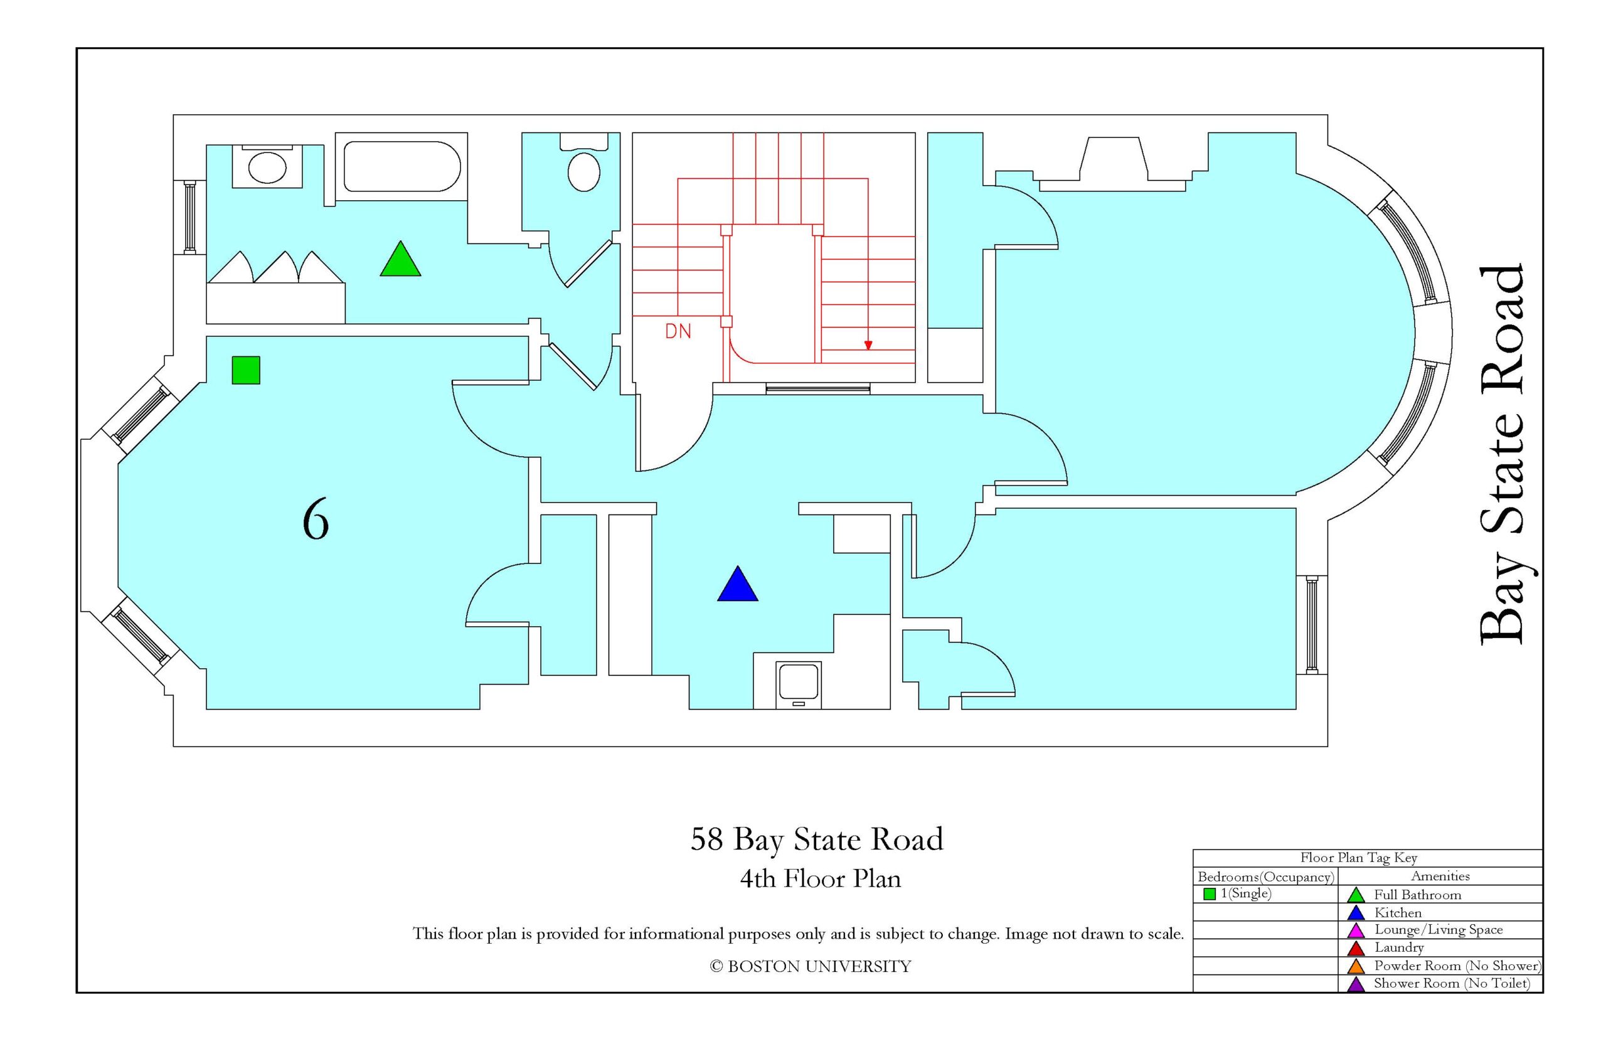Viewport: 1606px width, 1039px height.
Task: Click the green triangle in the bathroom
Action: point(400,260)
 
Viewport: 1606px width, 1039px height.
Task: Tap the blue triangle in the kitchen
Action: point(737,585)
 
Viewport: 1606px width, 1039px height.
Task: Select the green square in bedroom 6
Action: point(245,370)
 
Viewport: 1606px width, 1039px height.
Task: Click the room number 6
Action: point(316,518)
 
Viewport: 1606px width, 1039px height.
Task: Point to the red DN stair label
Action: point(678,331)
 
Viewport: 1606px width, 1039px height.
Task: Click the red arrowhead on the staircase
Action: point(868,344)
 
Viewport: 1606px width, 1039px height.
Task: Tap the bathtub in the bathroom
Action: point(402,167)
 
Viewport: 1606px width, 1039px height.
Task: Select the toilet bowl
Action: point(583,171)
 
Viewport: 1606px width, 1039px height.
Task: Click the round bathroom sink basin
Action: point(267,167)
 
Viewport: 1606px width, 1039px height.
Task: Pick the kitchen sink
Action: point(799,684)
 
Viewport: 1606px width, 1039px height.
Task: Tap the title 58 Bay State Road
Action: point(817,839)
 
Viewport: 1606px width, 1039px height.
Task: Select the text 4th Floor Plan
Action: point(820,878)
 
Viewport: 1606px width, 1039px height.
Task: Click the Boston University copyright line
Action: point(810,966)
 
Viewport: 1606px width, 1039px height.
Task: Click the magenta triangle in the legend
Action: point(1356,930)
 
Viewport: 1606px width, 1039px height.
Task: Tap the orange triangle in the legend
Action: point(1356,966)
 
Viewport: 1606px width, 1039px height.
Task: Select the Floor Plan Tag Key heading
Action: point(1358,858)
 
